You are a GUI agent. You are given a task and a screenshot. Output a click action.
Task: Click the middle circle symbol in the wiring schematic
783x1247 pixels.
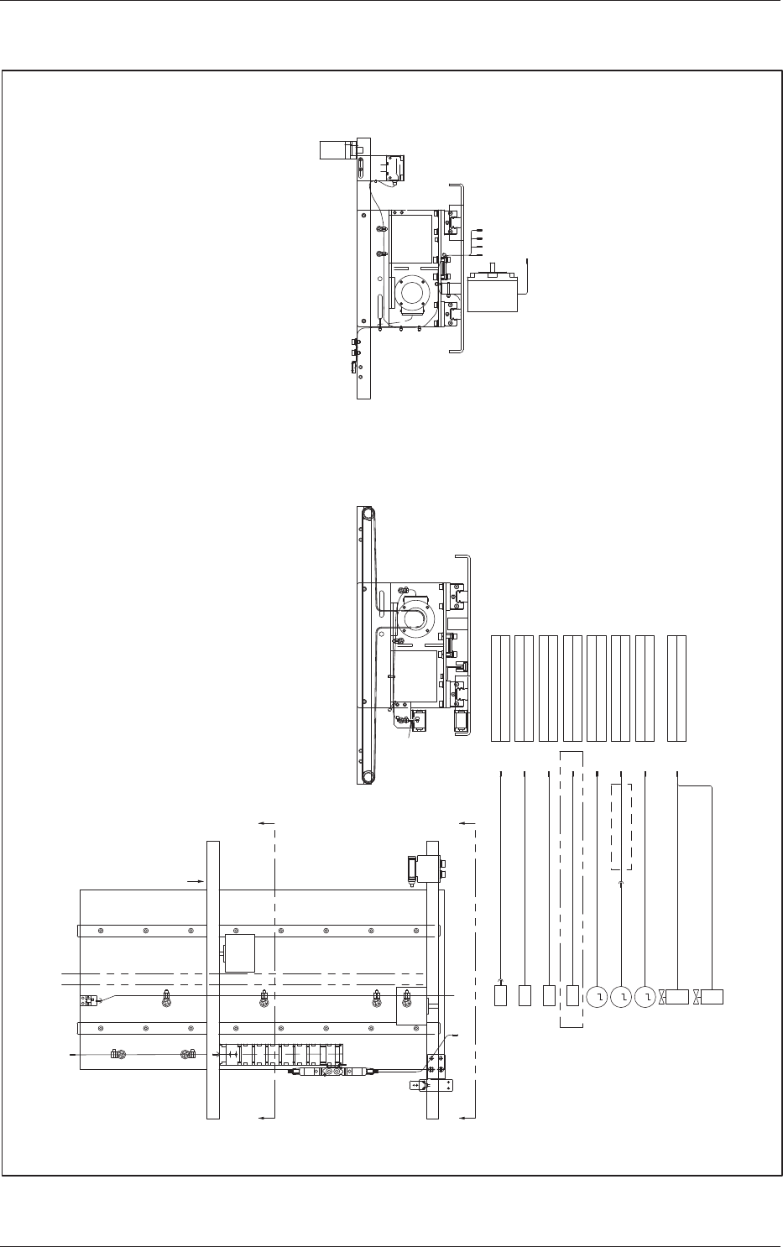point(621,997)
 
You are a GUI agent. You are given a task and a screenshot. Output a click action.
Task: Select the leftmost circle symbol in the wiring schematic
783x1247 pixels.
point(597,997)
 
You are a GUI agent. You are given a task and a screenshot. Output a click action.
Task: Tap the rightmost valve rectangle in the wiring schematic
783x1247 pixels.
point(713,997)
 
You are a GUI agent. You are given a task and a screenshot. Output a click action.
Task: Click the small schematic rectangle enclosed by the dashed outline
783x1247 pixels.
point(573,996)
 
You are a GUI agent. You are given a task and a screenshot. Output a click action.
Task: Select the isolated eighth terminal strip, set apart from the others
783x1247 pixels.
point(676,688)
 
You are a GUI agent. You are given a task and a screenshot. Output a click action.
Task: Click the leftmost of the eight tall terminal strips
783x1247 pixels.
point(500,688)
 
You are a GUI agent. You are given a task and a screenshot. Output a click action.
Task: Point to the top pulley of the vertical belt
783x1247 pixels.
point(365,514)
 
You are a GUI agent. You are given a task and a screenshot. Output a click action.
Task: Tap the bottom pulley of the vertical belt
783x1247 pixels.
point(365,776)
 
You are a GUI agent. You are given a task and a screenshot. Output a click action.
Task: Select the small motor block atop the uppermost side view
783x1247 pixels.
point(337,150)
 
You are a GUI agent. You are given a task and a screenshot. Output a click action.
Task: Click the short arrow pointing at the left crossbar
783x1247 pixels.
point(193,881)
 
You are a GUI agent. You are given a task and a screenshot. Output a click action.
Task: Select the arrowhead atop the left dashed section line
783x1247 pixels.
point(265,825)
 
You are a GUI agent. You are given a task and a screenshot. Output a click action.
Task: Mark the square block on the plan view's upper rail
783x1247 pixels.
point(239,953)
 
